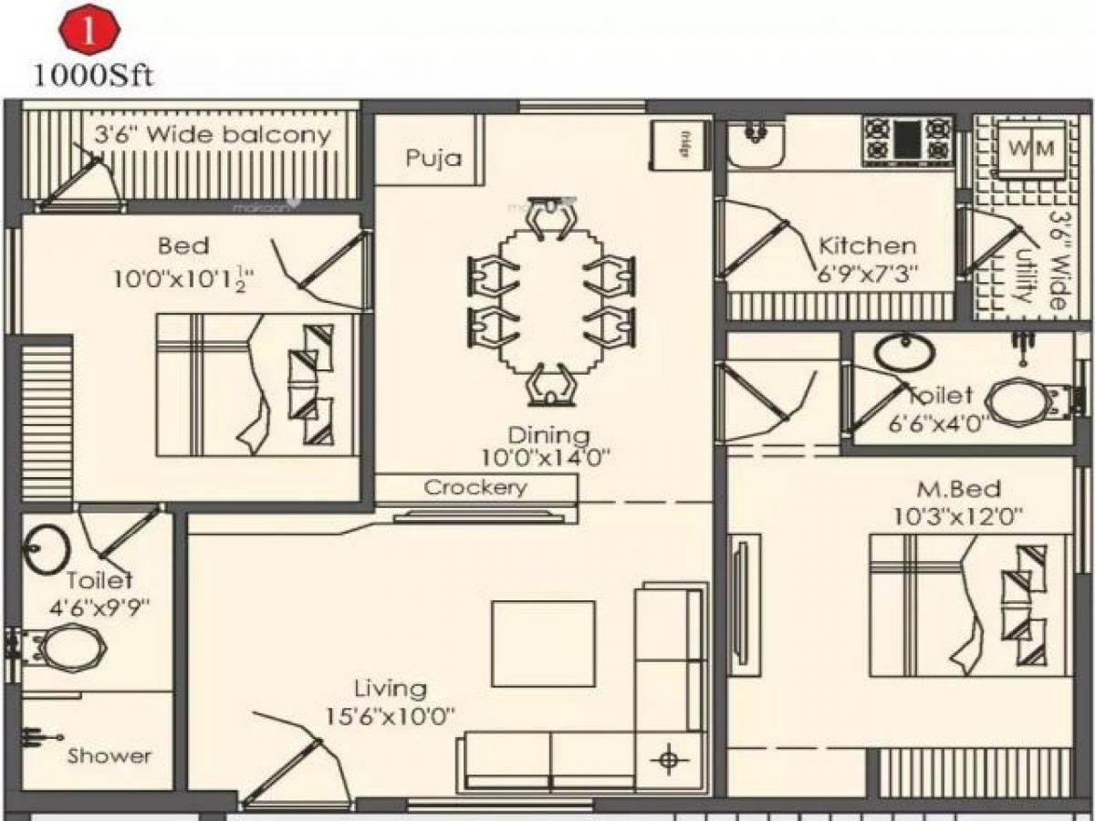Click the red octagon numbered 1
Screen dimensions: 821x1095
89,32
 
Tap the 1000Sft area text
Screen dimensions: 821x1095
92,75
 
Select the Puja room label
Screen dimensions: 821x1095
433,158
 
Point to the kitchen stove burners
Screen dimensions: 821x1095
908,139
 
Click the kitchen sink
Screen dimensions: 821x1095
754,144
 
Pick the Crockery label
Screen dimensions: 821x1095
475,488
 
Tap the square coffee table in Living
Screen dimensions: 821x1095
543,643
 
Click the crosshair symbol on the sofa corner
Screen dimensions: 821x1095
669,757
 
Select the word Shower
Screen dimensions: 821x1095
109,756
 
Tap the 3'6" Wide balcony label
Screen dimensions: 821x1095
213,136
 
